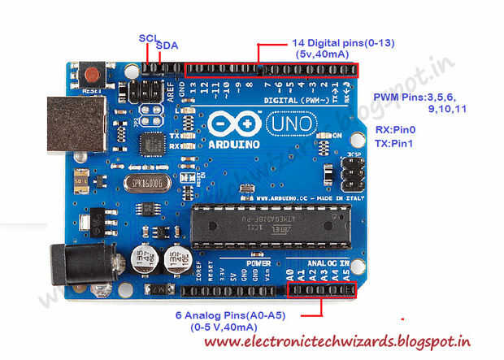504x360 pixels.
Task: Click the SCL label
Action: point(149,37)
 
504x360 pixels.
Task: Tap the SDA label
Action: point(167,46)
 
